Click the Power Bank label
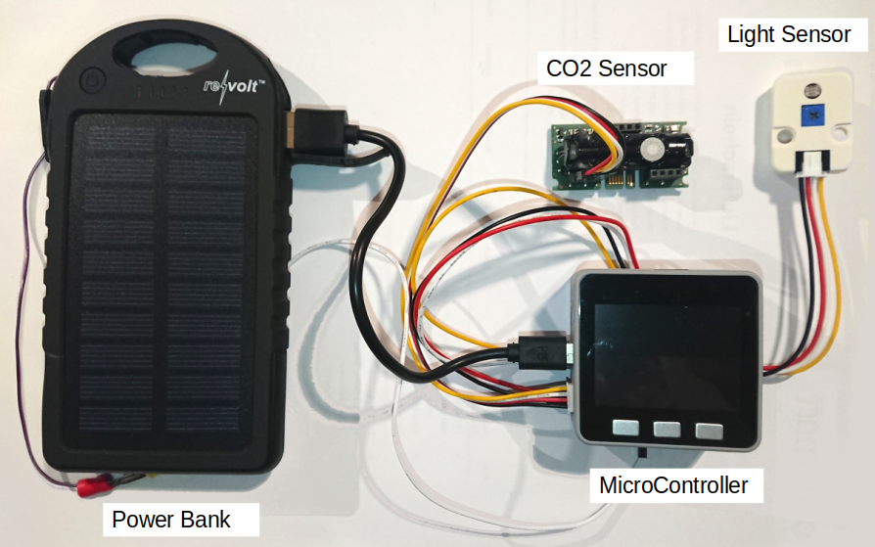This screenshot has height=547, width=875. tap(171, 519)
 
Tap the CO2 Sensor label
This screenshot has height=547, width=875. tap(606, 68)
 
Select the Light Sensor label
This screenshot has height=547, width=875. tap(788, 35)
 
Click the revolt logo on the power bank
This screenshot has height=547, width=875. tap(233, 85)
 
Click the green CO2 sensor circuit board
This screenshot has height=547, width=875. tap(622, 157)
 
